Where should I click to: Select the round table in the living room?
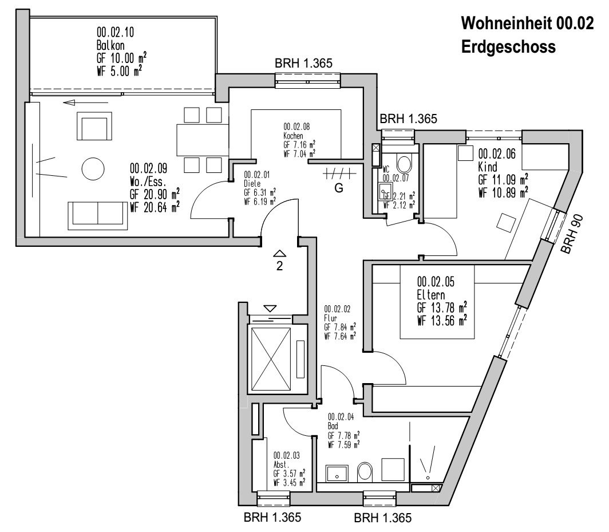[x=92, y=169]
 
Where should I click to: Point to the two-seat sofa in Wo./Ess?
[x=98, y=214]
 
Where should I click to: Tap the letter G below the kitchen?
[x=339, y=188]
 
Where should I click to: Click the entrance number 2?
[x=280, y=265]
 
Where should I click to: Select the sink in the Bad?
[x=337, y=474]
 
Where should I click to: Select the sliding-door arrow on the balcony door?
[x=78, y=103]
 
